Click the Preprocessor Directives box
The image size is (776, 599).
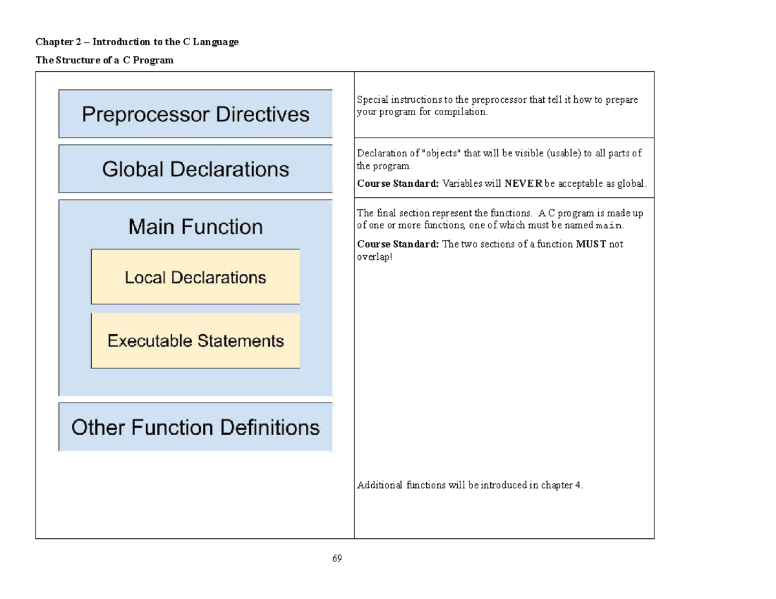pos(195,114)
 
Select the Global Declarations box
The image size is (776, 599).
pos(195,169)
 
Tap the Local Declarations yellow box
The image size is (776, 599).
pos(195,277)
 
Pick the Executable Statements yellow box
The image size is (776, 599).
pos(195,341)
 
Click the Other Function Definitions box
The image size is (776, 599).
pos(195,427)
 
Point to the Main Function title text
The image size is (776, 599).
pos(195,227)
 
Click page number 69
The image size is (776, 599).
pos(337,558)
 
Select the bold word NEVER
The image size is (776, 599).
pos(523,184)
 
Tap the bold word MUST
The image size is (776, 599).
pos(590,244)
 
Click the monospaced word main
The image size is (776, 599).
pos(609,226)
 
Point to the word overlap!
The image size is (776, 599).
pos(374,257)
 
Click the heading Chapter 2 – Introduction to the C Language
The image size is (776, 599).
pos(137,42)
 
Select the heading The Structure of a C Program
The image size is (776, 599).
pos(104,60)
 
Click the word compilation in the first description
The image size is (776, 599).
pos(461,112)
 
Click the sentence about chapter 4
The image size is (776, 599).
pos(470,485)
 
